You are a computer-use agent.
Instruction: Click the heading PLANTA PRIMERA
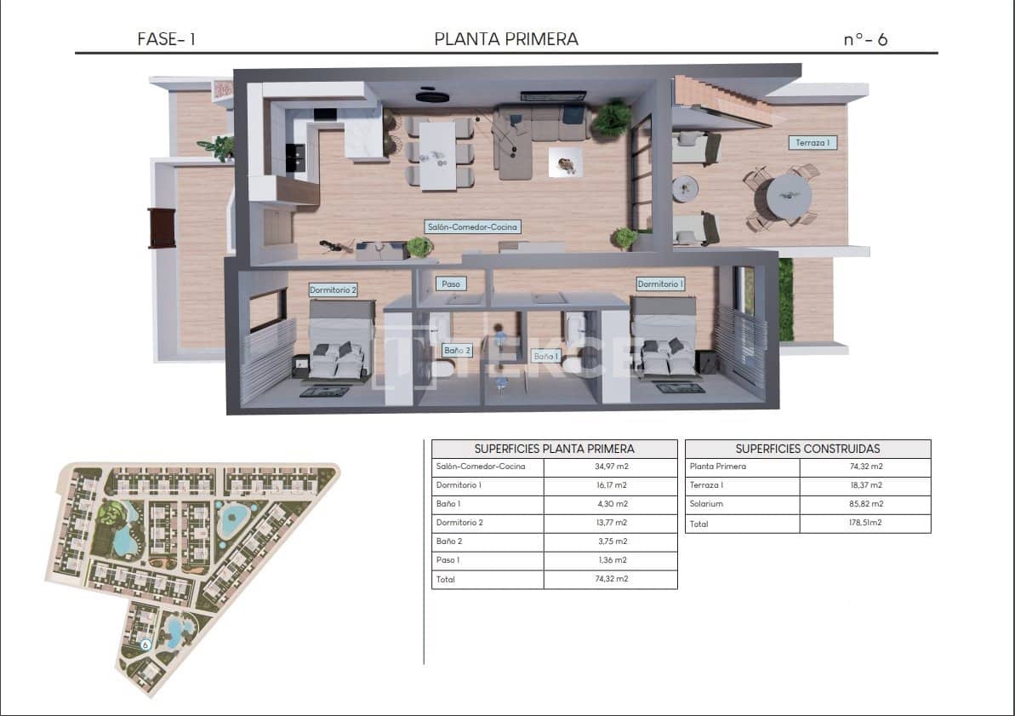click(x=506, y=38)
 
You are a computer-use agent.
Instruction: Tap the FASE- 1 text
click(x=167, y=39)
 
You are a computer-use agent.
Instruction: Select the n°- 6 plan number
click(x=865, y=39)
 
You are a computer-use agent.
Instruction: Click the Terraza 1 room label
click(x=812, y=143)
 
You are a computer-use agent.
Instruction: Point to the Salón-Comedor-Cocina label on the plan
click(x=472, y=227)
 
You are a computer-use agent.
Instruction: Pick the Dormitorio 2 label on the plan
click(x=333, y=289)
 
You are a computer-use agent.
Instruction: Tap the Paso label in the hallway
click(x=451, y=284)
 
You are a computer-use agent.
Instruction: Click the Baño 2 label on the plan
click(x=457, y=349)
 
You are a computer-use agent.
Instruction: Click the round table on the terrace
click(x=788, y=198)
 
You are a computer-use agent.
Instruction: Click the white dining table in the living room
click(x=439, y=154)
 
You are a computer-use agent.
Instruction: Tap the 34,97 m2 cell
click(x=610, y=467)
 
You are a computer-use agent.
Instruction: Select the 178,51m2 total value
click(x=864, y=523)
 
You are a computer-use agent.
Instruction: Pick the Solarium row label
click(x=705, y=504)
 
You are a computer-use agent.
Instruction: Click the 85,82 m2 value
click(x=864, y=504)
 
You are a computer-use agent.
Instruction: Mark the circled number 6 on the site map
click(x=145, y=645)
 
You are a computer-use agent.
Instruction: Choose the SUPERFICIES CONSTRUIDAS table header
click(x=807, y=449)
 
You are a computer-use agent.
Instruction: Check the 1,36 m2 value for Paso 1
click(x=610, y=560)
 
